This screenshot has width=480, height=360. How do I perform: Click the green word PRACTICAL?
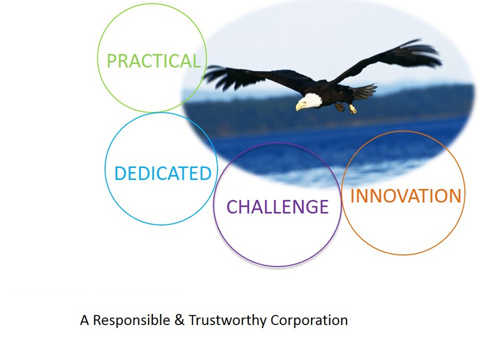click(x=154, y=61)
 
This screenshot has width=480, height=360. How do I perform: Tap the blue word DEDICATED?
click(x=163, y=173)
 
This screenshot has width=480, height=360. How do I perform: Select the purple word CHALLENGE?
click(x=278, y=207)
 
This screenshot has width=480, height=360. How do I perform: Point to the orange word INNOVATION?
click(x=405, y=196)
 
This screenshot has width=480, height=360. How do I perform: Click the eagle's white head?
click(x=311, y=101)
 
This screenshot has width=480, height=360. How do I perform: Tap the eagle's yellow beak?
click(x=299, y=106)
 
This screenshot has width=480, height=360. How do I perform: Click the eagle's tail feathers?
click(x=364, y=91)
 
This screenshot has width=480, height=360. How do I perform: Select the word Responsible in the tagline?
click(x=131, y=320)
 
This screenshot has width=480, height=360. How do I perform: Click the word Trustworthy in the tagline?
click(x=227, y=320)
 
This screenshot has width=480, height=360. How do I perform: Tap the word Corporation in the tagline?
click(x=309, y=320)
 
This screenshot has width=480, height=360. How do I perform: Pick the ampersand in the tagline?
click(x=179, y=320)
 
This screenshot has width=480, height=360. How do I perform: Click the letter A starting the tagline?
click(x=85, y=320)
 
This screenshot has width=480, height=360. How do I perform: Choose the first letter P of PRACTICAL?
click(x=111, y=61)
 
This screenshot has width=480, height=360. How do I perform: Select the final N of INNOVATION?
click(x=455, y=196)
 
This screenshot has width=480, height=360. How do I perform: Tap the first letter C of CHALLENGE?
click(x=232, y=207)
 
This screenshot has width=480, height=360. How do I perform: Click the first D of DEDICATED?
click(x=120, y=174)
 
